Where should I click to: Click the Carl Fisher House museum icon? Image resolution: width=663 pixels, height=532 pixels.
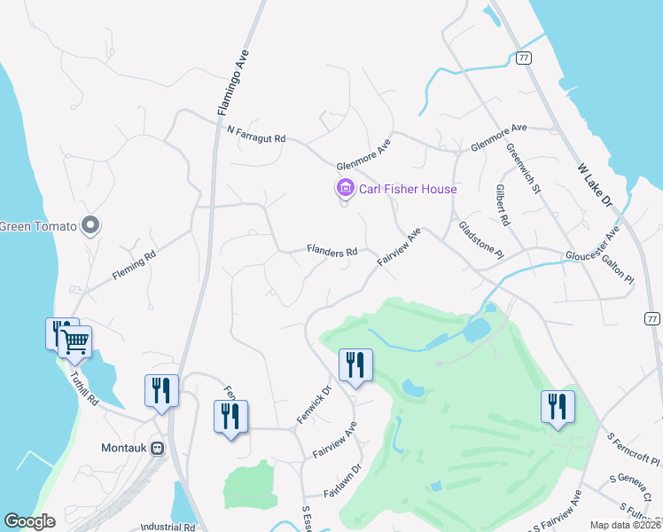pyautogui.click(x=344, y=188)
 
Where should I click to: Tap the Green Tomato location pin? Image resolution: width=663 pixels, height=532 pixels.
pyautogui.click(x=89, y=225)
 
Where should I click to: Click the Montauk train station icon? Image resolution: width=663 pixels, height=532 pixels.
pyautogui.click(x=159, y=449)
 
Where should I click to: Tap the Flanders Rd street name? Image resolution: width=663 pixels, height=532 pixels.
pyautogui.click(x=331, y=251)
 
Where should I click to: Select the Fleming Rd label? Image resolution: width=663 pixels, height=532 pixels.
pyautogui.click(x=134, y=265)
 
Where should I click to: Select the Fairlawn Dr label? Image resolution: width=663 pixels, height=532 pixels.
pyautogui.click(x=343, y=480)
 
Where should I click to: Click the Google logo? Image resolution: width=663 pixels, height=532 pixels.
pyautogui.click(x=29, y=521)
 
